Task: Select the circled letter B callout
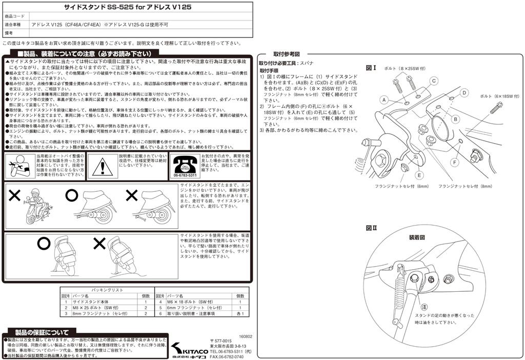pyautogui.click(x=454, y=119)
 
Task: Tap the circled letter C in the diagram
pyautogui.click(x=433, y=81)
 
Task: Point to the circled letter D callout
pyautogui.click(x=463, y=93)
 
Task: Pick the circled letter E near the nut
pyautogui.click(x=419, y=175)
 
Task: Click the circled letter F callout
pyautogui.click(x=454, y=162)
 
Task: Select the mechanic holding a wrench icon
pyautogui.click(x=19, y=166)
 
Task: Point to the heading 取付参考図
pyautogui.click(x=286, y=54)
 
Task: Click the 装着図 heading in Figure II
pyautogui.click(x=416, y=237)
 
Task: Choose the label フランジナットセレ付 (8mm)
pyautogui.click(x=465, y=186)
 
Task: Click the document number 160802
pyautogui.click(x=245, y=331)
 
